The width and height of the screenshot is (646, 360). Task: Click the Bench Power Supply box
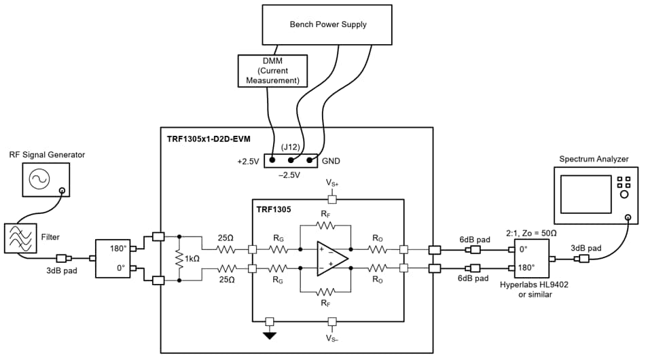(327, 25)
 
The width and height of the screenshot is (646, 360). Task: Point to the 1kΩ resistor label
(192, 259)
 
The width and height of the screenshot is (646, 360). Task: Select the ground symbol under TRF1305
(270, 334)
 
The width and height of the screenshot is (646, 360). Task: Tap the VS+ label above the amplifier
(331, 184)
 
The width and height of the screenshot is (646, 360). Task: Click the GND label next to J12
(331, 161)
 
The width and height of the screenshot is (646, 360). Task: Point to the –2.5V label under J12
(291, 175)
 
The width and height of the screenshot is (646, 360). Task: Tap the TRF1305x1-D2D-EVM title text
(209, 139)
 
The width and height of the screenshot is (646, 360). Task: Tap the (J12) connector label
(291, 145)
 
